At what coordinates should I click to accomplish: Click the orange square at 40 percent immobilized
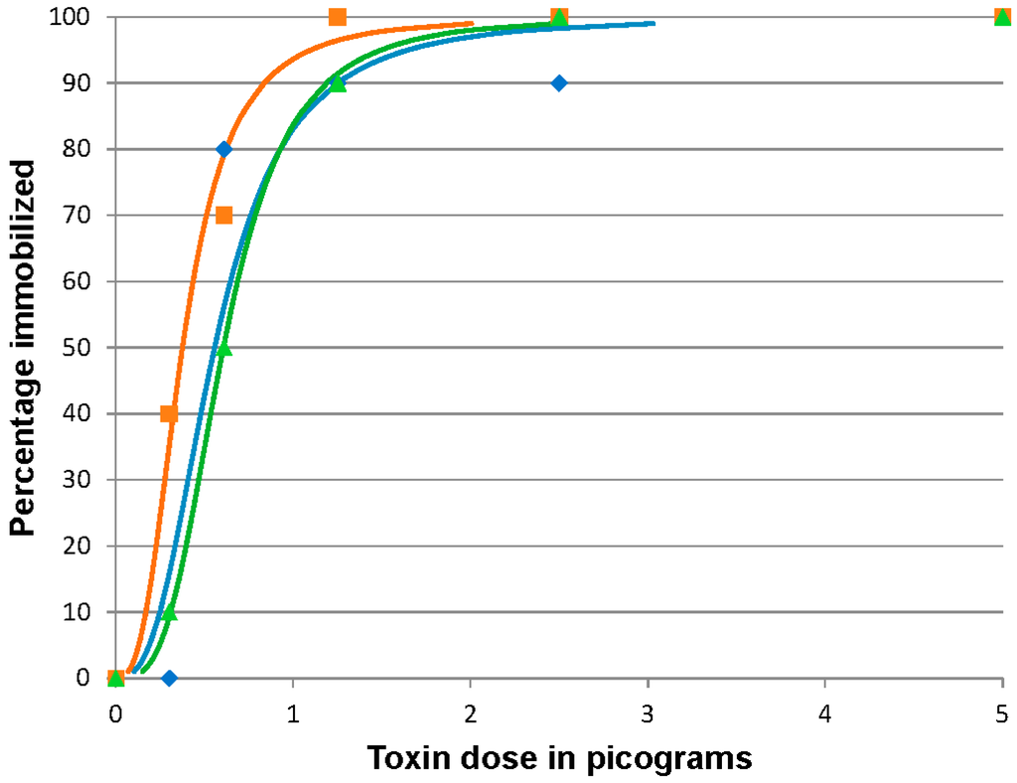point(169,413)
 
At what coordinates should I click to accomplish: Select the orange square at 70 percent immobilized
point(224,216)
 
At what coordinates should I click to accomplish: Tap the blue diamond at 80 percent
point(224,149)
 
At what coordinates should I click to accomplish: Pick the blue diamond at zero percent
point(169,679)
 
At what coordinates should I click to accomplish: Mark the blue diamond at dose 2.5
point(559,83)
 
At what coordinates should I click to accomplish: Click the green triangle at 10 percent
point(169,612)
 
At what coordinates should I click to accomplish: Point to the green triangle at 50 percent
point(224,348)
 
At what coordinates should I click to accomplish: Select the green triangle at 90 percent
point(338,83)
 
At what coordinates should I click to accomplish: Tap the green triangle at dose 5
point(1003,17)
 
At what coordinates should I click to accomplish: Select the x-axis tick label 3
point(648,712)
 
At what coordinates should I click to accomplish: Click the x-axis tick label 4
point(825,712)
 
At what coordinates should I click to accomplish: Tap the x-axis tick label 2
point(470,712)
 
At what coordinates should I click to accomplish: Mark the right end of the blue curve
point(654,23)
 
